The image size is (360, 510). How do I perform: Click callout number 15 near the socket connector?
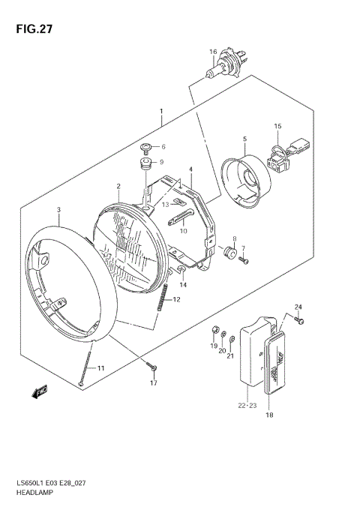277,126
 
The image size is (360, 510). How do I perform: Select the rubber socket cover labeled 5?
248,180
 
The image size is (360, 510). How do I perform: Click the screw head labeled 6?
146,146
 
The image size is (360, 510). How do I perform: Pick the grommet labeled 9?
145,163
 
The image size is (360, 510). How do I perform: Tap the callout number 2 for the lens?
118,186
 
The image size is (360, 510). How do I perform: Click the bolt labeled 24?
301,321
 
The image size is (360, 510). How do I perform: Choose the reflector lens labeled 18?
276,365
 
